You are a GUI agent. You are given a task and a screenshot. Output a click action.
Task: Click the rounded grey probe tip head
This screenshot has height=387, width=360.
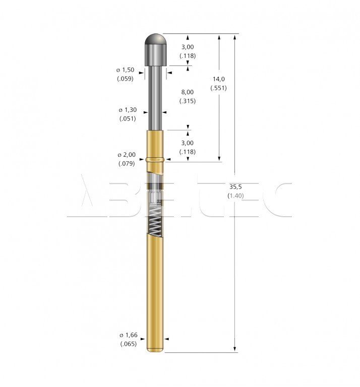(156, 49)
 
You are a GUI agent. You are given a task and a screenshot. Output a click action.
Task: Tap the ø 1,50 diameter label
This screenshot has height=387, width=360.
(126, 70)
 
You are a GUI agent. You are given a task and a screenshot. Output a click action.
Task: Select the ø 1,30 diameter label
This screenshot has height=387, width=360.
(128, 110)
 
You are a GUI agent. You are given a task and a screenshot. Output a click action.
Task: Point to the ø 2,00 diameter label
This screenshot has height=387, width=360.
(127, 155)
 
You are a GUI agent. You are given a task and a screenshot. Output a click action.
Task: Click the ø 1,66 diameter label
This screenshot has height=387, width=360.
(129, 335)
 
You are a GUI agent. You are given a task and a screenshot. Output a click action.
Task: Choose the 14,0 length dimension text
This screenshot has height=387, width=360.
(219, 79)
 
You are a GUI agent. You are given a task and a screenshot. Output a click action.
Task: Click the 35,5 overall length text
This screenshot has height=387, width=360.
(235, 187)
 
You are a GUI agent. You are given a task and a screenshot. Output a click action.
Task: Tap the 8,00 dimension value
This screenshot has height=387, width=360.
(188, 92)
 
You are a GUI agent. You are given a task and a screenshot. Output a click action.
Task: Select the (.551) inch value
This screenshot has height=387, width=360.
(218, 88)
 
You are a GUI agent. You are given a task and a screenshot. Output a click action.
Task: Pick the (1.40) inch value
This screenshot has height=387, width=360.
(235, 196)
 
